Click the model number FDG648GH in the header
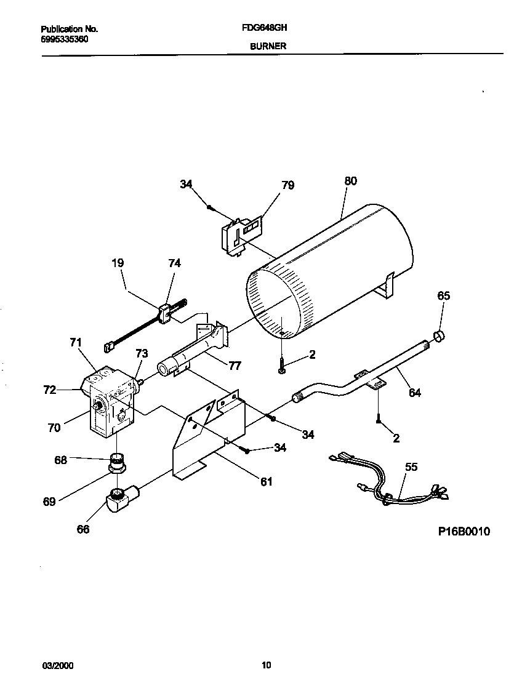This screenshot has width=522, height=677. pyautogui.click(x=262, y=28)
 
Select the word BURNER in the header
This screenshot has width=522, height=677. pyautogui.click(x=262, y=46)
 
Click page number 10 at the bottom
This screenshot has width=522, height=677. pyautogui.click(x=266, y=665)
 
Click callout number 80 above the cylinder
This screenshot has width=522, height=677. pyautogui.click(x=350, y=181)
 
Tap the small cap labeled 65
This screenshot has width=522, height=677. pyautogui.click(x=440, y=335)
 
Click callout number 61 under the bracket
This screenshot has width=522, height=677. pyautogui.click(x=266, y=481)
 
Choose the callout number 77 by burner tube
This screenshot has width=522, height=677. pyautogui.click(x=235, y=366)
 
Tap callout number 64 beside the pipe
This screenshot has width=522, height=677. pyautogui.click(x=415, y=392)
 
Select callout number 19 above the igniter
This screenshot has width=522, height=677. pyautogui.click(x=118, y=263)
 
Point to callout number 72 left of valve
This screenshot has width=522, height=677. pyautogui.click(x=50, y=390)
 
